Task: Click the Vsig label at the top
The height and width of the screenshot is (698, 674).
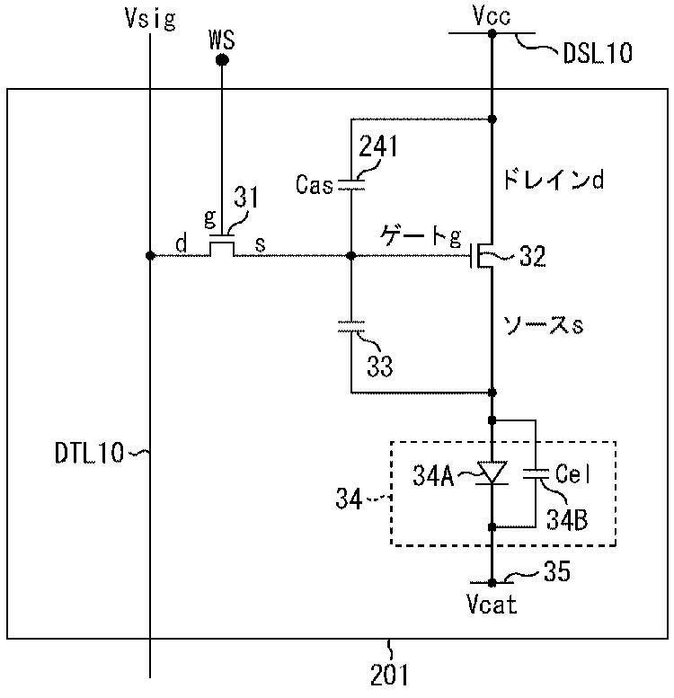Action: [x=150, y=20]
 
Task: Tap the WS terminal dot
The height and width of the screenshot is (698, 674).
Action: [x=222, y=59]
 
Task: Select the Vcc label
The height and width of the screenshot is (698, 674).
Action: [x=492, y=16]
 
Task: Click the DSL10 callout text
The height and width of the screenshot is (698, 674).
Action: [x=598, y=53]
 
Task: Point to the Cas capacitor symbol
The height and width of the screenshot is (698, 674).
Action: [x=351, y=185]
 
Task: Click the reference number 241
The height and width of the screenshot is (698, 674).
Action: [x=377, y=146]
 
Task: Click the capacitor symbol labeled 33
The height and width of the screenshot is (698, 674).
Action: [x=351, y=326]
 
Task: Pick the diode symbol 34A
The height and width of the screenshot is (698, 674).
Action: [x=492, y=473]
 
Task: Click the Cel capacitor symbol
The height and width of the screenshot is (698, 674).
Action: [x=536, y=473]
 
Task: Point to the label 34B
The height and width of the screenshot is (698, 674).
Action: [x=567, y=519]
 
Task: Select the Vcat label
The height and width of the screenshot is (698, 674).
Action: [x=492, y=605]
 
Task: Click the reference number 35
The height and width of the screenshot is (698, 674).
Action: [x=556, y=571]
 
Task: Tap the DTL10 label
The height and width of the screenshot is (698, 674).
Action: [x=89, y=453]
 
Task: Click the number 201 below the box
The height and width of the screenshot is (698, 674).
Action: [x=388, y=675]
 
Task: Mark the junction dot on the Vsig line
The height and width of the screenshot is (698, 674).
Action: [x=150, y=255]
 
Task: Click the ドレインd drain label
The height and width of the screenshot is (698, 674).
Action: [x=554, y=180]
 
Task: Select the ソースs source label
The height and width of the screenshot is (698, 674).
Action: [x=543, y=325]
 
